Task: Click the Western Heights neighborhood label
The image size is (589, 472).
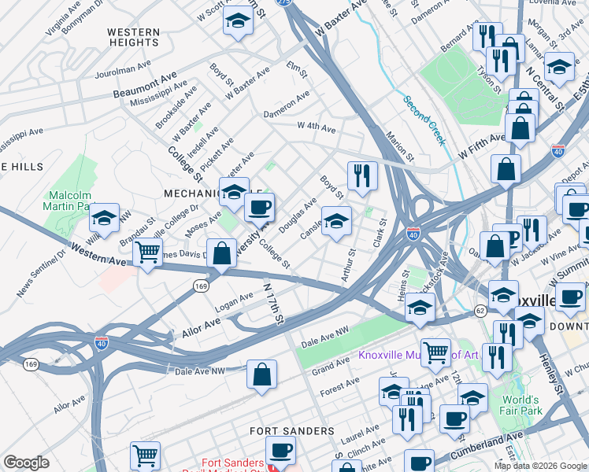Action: click(133, 38)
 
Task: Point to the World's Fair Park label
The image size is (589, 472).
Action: click(544, 404)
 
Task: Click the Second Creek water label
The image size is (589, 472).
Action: click(424, 120)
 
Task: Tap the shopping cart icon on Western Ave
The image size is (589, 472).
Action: click(146, 253)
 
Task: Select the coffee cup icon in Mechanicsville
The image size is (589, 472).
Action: click(259, 208)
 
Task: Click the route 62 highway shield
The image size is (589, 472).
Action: click(480, 312)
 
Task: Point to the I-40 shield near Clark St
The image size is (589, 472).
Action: click(413, 234)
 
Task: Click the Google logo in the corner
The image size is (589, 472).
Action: click(26, 463)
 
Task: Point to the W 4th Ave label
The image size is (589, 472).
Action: click(316, 127)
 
